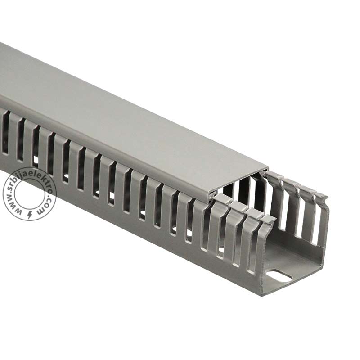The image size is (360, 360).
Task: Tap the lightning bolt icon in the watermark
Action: coord(30,215)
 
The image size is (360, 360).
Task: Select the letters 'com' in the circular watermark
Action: coord(46,206)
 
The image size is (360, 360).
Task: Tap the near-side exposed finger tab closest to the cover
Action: coord(221,198)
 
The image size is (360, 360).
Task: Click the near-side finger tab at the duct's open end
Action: coord(269,220)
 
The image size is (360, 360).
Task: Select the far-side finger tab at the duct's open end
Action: coord(321,196)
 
